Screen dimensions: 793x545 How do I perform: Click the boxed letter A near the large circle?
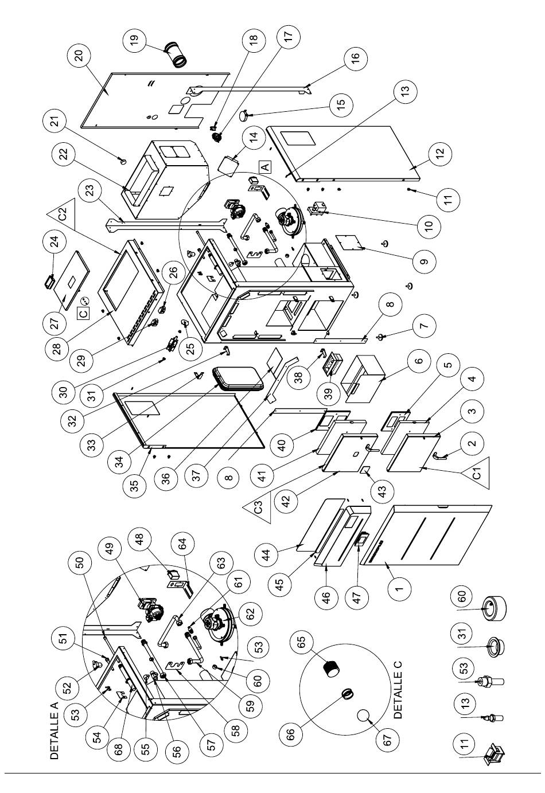click(x=265, y=166)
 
